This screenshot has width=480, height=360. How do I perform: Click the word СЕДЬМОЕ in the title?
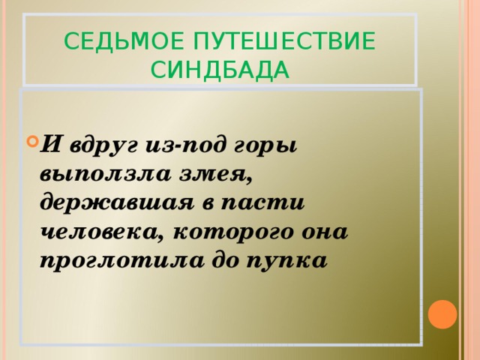tap(115, 41)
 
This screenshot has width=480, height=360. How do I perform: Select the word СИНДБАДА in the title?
tap(219, 70)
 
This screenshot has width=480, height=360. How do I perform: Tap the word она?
tap(324, 232)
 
